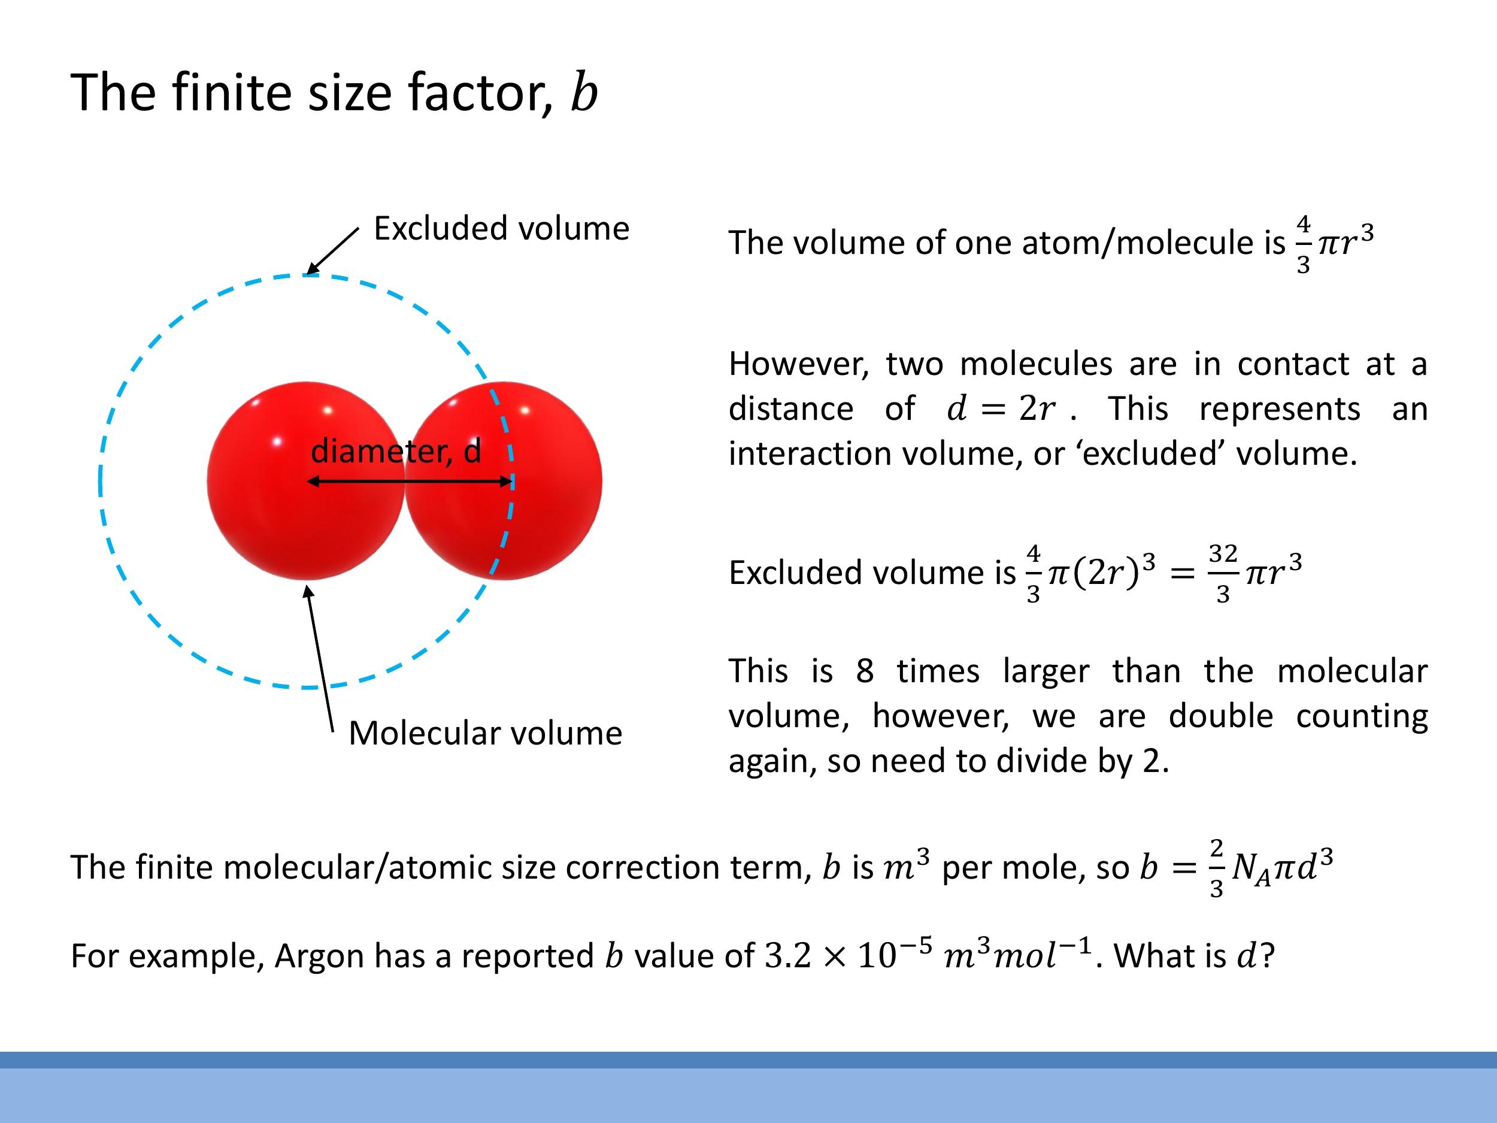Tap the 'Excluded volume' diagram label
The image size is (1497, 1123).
tap(501, 228)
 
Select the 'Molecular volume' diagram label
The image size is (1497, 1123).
tap(484, 732)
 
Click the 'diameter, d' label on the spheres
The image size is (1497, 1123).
tap(396, 451)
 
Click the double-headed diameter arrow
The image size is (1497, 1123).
tap(410, 482)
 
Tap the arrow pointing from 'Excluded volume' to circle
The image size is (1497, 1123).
tap(333, 251)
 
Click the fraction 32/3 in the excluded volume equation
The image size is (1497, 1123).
tap(1222, 573)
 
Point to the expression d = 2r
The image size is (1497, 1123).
tap(1000, 408)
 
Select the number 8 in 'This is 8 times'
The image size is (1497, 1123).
tap(864, 671)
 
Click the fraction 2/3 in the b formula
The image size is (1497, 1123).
tap(1216, 868)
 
